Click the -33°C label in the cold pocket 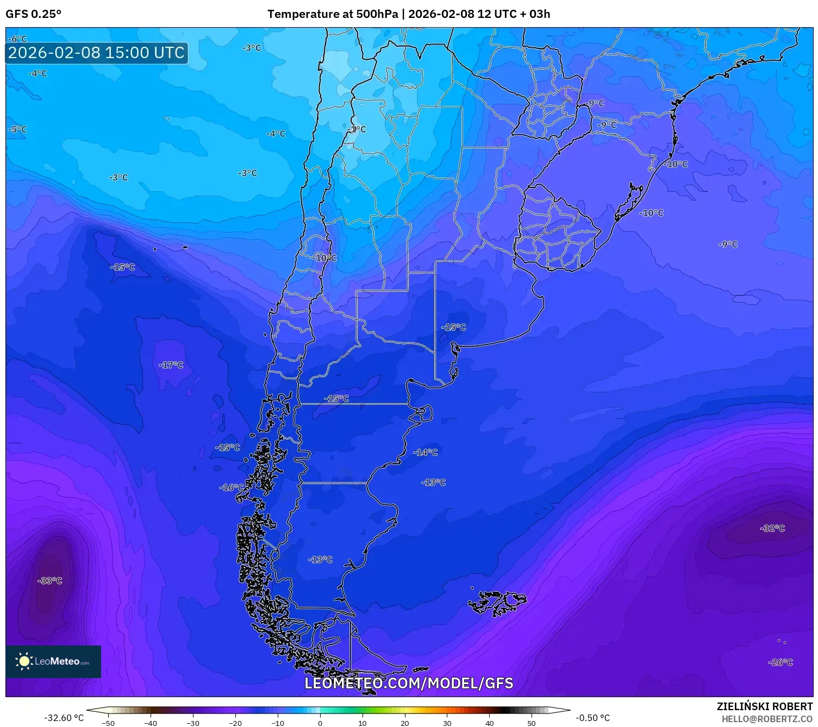tap(50, 581)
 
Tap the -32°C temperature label tap(772, 528)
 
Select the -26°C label tap(780, 662)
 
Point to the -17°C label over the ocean tap(171, 365)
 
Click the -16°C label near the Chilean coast tap(232, 487)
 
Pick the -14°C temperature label tap(425, 452)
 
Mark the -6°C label tap(18, 39)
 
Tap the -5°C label tap(18, 129)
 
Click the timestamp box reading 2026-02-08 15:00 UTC tap(96, 53)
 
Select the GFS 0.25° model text tap(33, 14)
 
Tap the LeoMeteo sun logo tap(24, 661)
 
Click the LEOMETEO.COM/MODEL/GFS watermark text tap(408, 683)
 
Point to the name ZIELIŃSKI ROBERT tap(764, 706)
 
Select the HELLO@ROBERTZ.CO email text tap(766, 719)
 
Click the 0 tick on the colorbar tap(320, 723)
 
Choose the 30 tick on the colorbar tap(447, 723)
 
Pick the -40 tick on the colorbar tap(151, 723)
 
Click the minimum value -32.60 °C tap(64, 718)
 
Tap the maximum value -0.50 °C tap(592, 718)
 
